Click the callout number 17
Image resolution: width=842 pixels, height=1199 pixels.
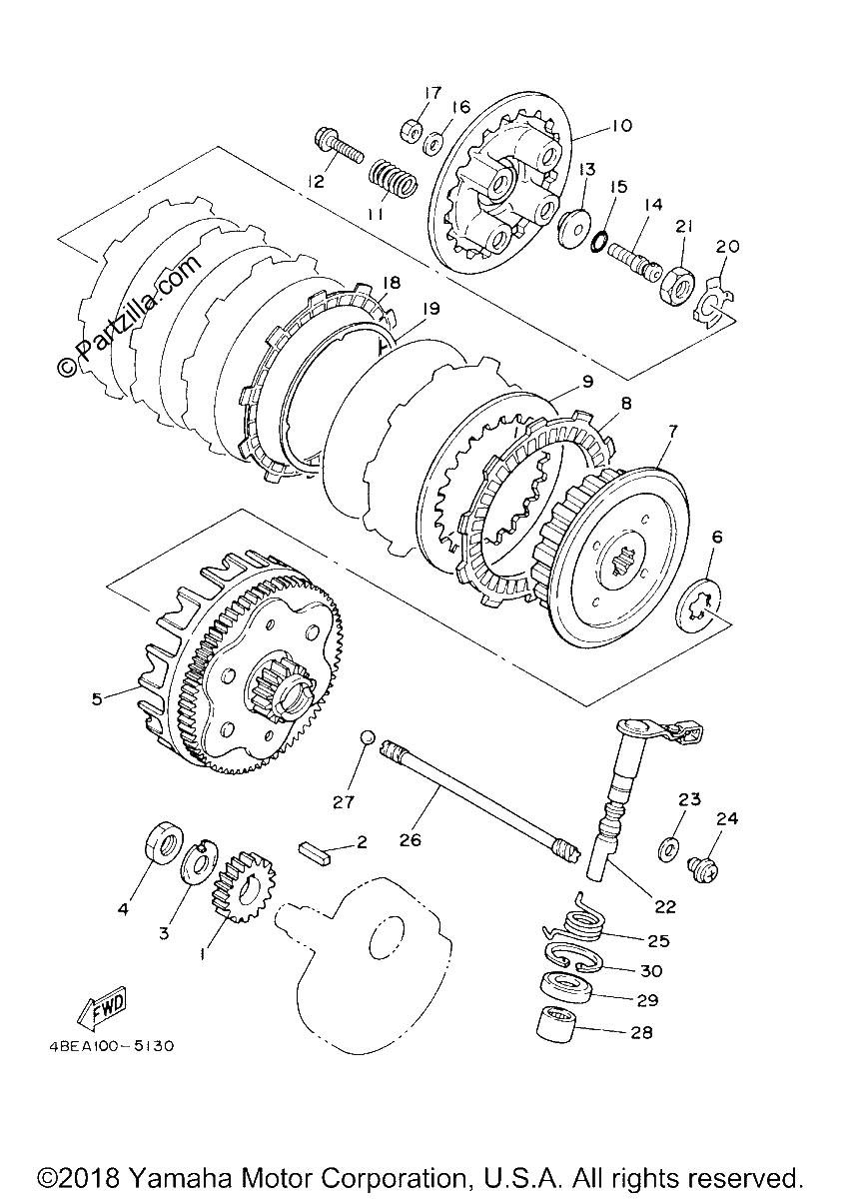pyautogui.click(x=432, y=93)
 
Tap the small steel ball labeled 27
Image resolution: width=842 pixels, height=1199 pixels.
pyautogui.click(x=367, y=736)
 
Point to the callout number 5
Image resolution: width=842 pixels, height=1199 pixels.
pyautogui.click(x=96, y=699)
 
